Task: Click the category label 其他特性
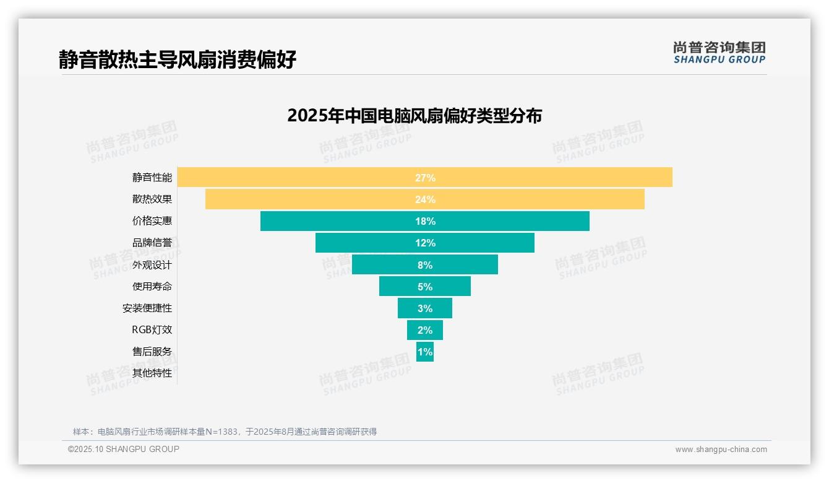pyautogui.click(x=152, y=373)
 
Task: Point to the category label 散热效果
pyautogui.click(x=152, y=199)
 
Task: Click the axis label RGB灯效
pyautogui.click(x=152, y=330)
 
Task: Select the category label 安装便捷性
pyautogui.click(x=147, y=308)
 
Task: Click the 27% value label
pyautogui.click(x=425, y=178)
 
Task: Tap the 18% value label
pyautogui.click(x=425, y=221)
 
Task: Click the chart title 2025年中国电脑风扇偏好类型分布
pyautogui.click(x=414, y=116)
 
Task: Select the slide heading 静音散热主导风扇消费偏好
pyautogui.click(x=178, y=59)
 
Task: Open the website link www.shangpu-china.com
pyautogui.click(x=721, y=450)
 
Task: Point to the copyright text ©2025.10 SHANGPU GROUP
pyautogui.click(x=124, y=449)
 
